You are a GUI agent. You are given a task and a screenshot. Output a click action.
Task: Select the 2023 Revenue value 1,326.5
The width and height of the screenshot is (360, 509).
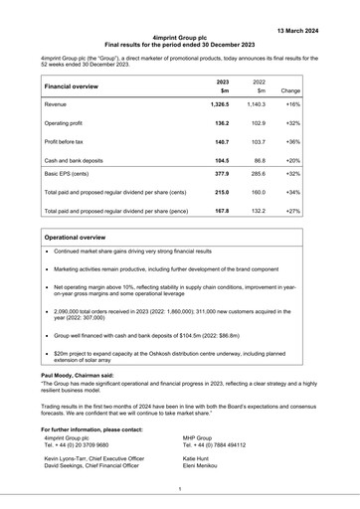pyautogui.click(x=219, y=103)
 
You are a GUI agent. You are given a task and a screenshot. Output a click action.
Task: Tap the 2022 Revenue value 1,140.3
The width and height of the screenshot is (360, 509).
pyautogui.click(x=257, y=103)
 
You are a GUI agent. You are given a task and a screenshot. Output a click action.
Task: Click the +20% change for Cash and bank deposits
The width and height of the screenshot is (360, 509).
pyautogui.click(x=292, y=161)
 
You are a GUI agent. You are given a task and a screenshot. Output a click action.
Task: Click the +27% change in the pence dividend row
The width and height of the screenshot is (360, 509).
pyautogui.click(x=292, y=211)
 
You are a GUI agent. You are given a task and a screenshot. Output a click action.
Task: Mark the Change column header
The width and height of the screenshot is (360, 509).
pyautogui.click(x=290, y=89)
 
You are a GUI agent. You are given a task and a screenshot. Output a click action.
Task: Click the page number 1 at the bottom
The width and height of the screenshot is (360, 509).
pyautogui.click(x=180, y=488)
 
